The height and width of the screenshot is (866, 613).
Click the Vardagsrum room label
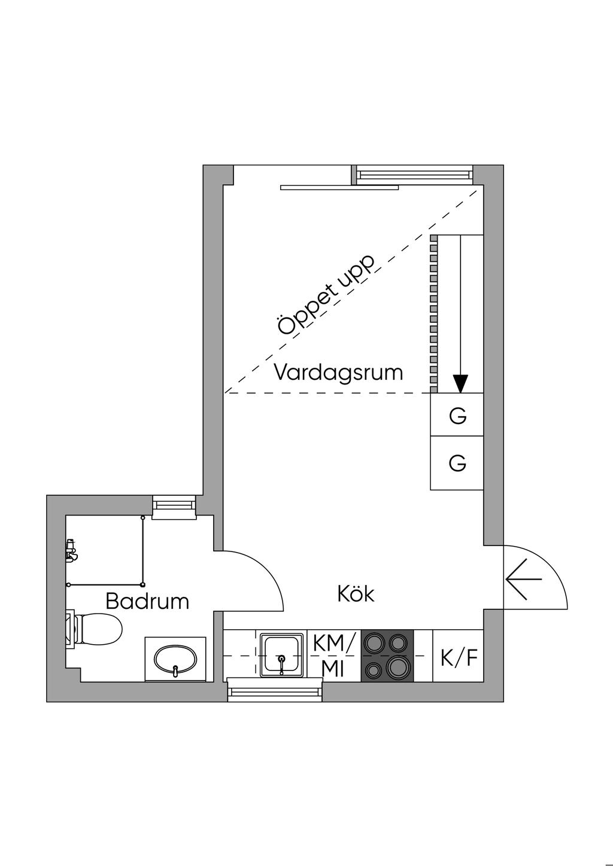click(x=338, y=373)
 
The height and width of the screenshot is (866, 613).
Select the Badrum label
click(x=147, y=601)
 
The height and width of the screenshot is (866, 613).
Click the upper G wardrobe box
click(x=457, y=415)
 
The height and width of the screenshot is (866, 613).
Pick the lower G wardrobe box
click(x=457, y=463)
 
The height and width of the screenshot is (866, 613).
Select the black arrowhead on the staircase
click(x=460, y=384)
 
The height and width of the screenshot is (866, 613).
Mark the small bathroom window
click(x=174, y=507)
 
